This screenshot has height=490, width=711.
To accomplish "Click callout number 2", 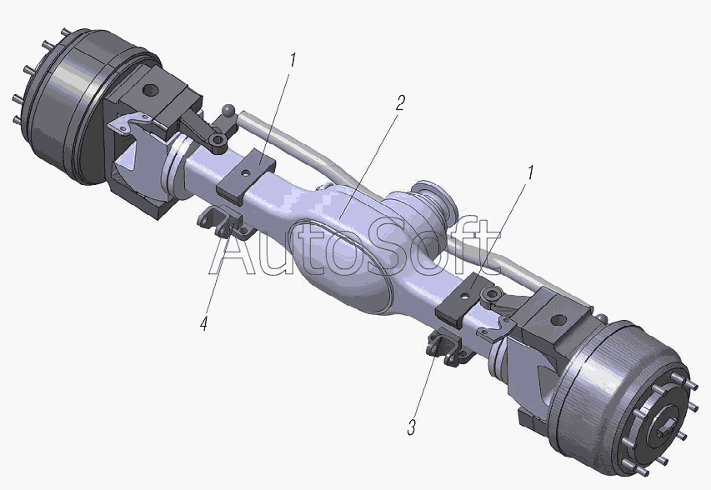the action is point(399,103).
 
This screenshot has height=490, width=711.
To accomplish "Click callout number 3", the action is point(411,427).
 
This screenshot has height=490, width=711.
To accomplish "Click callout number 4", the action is point(204,323).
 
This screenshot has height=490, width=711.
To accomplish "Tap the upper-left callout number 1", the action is point(293,60).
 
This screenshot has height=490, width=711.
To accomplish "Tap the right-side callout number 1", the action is point(529,172).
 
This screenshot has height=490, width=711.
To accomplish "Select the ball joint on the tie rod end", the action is point(228,110).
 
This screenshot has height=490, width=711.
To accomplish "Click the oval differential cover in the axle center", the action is point(341,264).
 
